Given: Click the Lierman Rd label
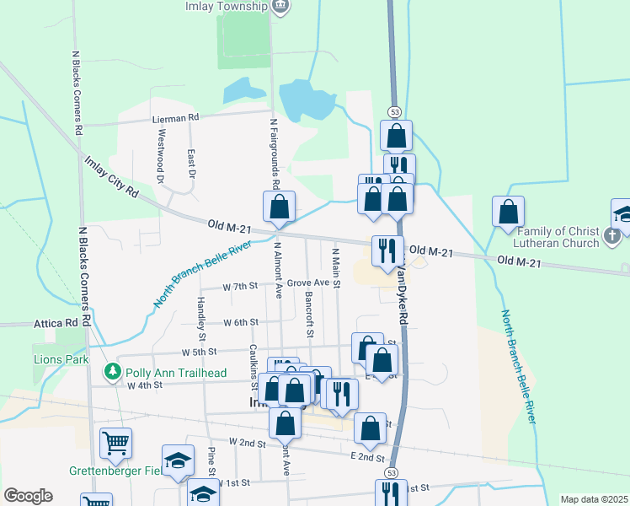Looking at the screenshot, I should (174, 119).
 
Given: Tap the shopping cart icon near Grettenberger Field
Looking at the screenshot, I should (115, 442).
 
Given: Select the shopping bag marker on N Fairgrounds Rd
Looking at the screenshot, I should (280, 207).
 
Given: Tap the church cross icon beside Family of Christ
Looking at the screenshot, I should (614, 238).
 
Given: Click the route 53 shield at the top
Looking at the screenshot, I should (394, 112).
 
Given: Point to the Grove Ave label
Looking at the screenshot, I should (307, 283).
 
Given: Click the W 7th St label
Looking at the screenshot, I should (239, 287).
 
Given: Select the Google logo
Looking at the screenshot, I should (28, 496).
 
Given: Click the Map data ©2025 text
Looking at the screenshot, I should (594, 499).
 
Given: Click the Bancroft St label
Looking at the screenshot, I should (310, 315).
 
